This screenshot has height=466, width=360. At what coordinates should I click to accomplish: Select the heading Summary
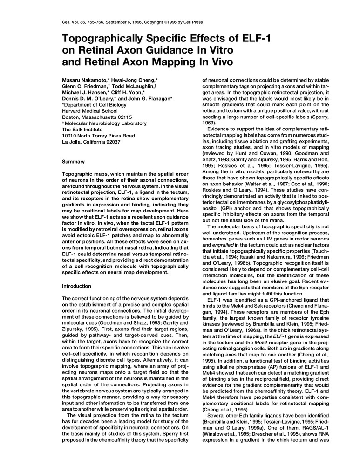(x=74, y=161)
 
